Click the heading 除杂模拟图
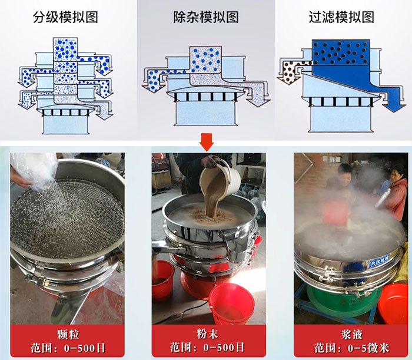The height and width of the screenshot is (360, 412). pos(205,17)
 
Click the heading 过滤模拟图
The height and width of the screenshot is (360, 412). pos(342,17)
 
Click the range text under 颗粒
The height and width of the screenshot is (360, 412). pos(67,348)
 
